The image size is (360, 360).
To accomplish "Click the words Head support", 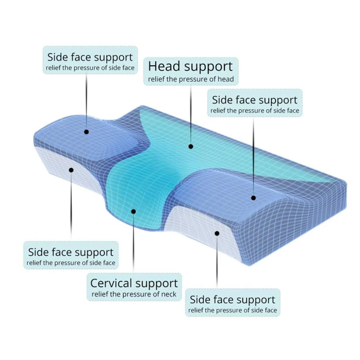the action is [x=190, y=67].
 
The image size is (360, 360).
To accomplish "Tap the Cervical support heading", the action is [x=134, y=283].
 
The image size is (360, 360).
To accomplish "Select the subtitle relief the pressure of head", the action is [x=191, y=80].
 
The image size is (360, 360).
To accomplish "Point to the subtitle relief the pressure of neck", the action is [x=134, y=295].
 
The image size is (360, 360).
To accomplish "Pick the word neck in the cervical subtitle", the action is [x=168, y=295].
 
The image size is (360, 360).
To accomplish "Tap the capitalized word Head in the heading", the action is [x=164, y=67].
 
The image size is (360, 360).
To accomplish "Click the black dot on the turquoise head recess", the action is [x=191, y=146].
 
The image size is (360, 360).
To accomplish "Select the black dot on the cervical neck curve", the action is [x=133, y=211].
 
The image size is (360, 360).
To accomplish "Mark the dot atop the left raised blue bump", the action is [x=86, y=132].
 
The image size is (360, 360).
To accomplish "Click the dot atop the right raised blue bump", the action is [x=253, y=198].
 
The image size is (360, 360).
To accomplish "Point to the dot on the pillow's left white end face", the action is [x=71, y=170].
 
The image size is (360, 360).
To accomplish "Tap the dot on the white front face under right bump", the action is [x=216, y=233].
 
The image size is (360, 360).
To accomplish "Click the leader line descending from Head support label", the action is [x=191, y=112].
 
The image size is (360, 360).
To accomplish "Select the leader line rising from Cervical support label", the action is [x=133, y=243].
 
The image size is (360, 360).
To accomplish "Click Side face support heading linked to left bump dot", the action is [x=90, y=57].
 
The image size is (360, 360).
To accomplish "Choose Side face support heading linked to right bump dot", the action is [x=255, y=100].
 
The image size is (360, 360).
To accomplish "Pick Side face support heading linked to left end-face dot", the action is [x=71, y=252].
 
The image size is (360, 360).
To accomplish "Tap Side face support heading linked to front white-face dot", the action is [x=232, y=300].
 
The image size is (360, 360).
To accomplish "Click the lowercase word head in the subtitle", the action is [x=226, y=80].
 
